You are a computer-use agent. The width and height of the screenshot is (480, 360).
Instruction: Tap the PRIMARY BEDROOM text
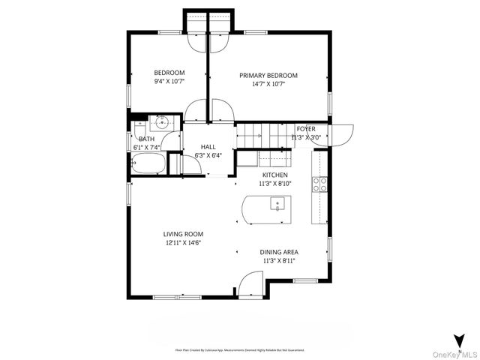tap(268, 75)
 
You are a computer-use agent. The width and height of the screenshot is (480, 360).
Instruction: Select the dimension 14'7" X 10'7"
tap(268, 84)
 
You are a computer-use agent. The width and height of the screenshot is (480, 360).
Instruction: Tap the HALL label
tap(208, 147)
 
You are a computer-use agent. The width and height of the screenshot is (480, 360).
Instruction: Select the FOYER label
tap(305, 129)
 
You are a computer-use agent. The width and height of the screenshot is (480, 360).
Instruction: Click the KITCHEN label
tap(274, 174)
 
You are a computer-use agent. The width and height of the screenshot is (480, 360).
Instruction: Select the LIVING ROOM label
tap(184, 234)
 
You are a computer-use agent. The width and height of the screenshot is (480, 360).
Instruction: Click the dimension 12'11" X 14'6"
tap(184, 242)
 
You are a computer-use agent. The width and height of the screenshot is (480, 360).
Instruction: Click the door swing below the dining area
tap(250, 283)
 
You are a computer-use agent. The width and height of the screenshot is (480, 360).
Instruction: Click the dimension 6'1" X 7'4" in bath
tap(146, 148)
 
